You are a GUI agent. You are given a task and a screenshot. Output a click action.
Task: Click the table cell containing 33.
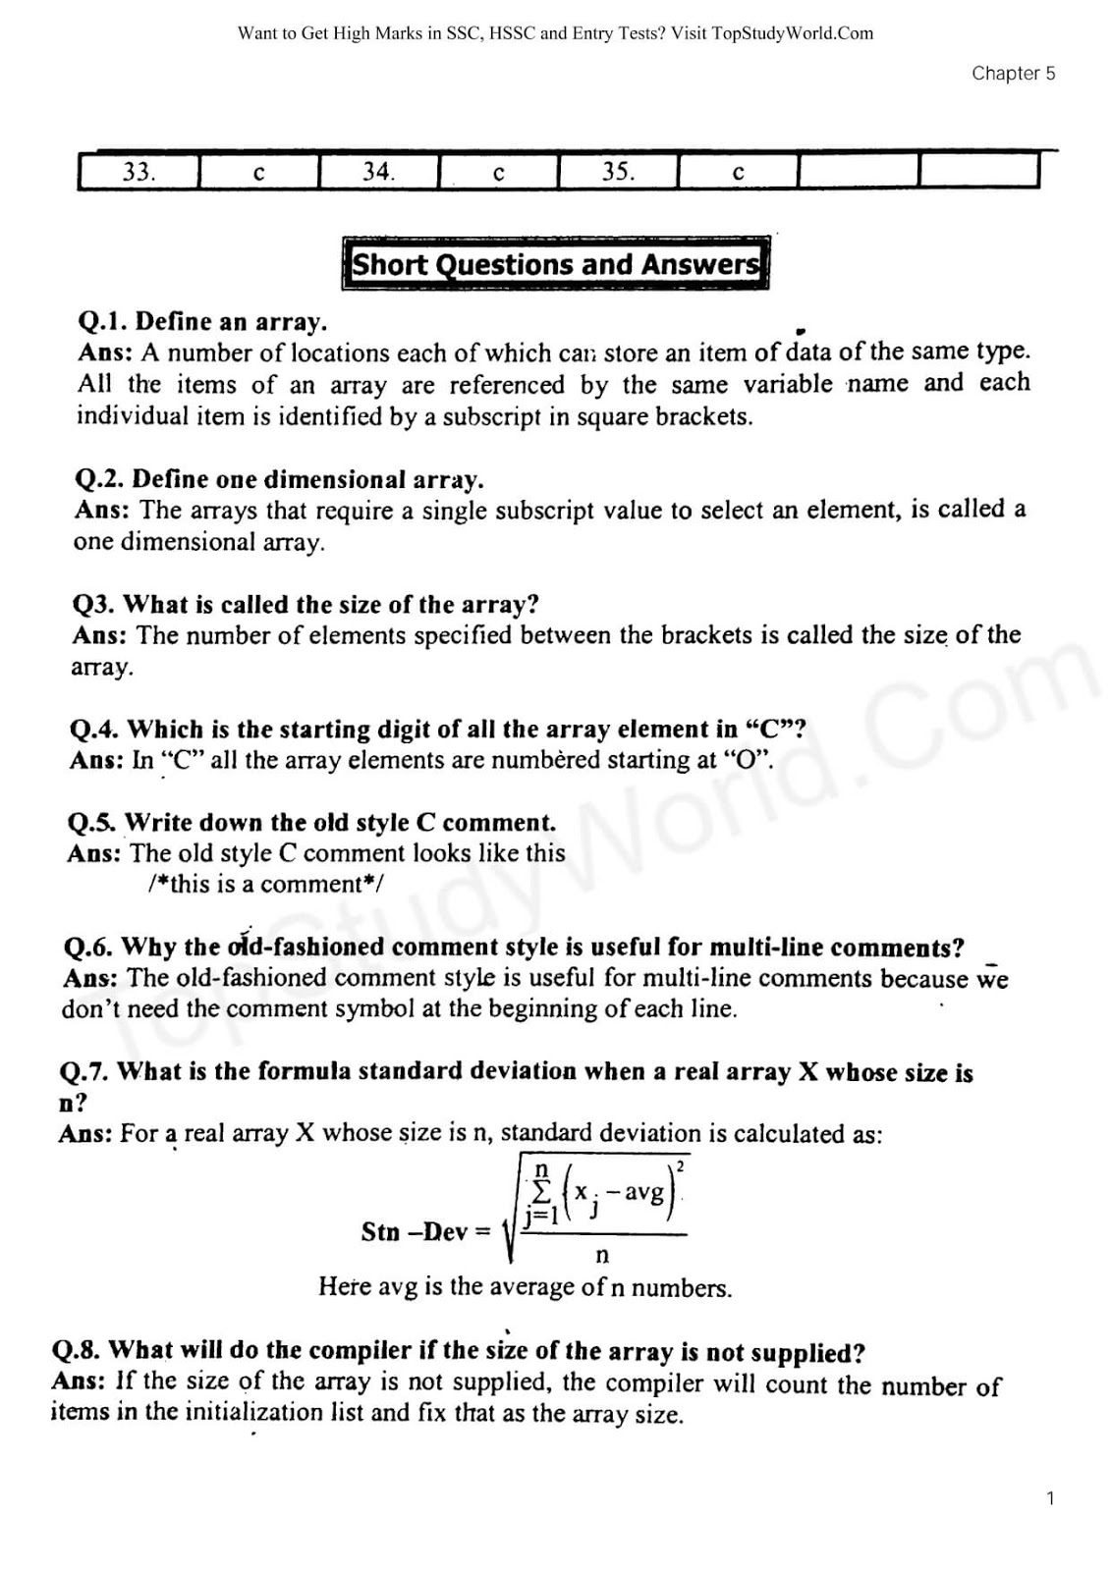pyautogui.click(x=139, y=172)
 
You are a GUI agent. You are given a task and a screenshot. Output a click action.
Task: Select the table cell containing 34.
pyautogui.click(x=378, y=172)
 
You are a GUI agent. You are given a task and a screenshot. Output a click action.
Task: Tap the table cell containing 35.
pyautogui.click(x=618, y=172)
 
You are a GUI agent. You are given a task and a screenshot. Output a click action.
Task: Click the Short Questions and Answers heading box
pyautogui.click(x=556, y=264)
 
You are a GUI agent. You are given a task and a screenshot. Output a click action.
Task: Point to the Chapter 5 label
pyautogui.click(x=1013, y=74)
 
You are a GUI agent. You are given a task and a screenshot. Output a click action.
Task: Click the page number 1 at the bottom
pyautogui.click(x=1050, y=1498)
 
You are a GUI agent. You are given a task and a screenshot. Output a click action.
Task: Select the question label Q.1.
pyautogui.click(x=103, y=322)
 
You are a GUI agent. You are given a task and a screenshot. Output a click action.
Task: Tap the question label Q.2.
pyautogui.click(x=100, y=479)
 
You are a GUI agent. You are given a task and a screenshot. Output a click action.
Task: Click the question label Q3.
pyautogui.click(x=94, y=604)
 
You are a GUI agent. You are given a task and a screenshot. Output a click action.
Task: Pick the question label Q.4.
pyautogui.click(x=95, y=730)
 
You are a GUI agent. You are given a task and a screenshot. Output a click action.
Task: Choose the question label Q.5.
pyautogui.click(x=92, y=822)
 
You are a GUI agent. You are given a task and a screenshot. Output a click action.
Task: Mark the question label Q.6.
pyautogui.click(x=88, y=947)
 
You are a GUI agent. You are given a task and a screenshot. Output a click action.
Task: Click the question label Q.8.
pyautogui.click(x=77, y=1350)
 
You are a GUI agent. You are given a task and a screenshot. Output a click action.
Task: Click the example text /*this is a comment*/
pyautogui.click(x=265, y=884)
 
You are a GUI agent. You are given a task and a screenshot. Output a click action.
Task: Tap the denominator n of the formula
pyautogui.click(x=602, y=1254)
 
